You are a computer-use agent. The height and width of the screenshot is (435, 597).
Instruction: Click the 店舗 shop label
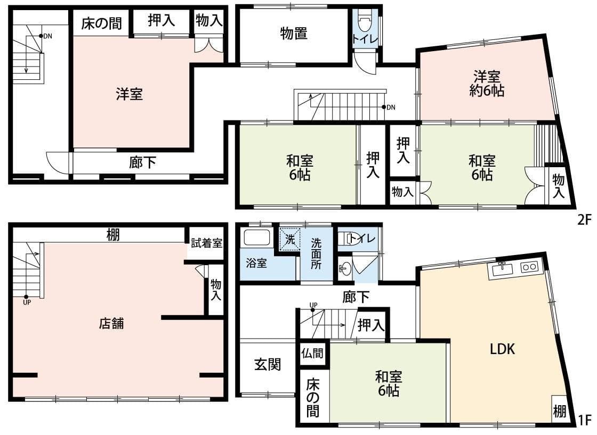tap(111, 324)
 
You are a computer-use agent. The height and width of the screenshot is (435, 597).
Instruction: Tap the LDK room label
tap(502, 349)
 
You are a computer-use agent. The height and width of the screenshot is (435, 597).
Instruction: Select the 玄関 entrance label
tap(268, 365)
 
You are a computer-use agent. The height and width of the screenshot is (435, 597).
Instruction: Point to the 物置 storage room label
tap(294, 34)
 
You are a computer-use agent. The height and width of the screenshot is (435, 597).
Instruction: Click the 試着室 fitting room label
tap(206, 243)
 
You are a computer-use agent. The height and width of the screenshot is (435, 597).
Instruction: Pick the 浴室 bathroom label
tap(256, 262)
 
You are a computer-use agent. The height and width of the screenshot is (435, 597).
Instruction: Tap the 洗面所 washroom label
tap(316, 253)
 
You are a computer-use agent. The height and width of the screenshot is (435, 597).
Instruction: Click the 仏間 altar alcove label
tap(312, 354)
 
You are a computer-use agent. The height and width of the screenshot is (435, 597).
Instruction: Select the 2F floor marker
tap(584, 219)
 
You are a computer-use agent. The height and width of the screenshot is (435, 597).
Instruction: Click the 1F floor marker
tap(584, 420)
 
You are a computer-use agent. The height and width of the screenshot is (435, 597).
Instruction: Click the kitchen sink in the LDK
tap(503, 269)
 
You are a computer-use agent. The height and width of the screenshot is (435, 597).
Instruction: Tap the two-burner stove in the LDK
tap(529, 267)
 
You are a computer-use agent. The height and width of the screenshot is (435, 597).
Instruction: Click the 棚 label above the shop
tap(112, 235)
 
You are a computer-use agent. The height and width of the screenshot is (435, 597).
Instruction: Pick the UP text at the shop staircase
tap(27, 302)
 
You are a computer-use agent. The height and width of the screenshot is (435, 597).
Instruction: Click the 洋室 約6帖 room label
tap(487, 84)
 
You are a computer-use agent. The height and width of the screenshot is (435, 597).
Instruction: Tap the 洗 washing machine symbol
tap(290, 240)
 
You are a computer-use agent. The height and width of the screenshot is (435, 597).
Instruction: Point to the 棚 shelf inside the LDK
tap(559, 411)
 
